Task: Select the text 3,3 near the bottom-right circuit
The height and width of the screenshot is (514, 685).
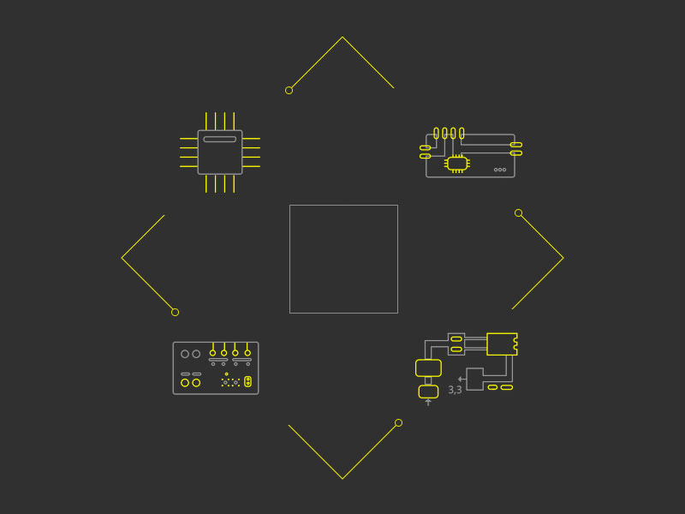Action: click(455, 390)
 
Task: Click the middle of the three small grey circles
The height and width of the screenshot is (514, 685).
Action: click(500, 170)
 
